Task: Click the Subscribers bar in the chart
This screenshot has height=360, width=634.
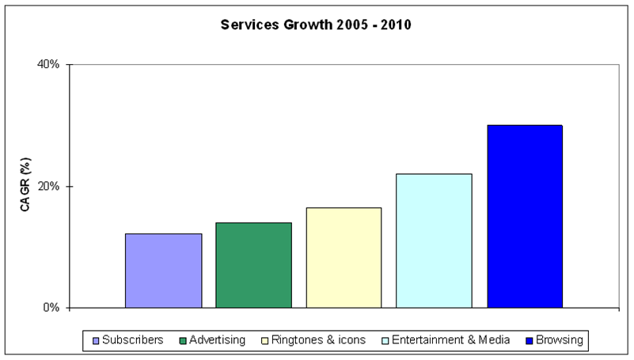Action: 163,271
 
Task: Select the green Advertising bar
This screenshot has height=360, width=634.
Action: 253,265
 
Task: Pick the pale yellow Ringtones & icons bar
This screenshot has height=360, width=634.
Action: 344,258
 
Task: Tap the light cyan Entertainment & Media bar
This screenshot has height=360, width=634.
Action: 434,241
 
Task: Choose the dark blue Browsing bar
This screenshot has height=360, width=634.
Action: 525,216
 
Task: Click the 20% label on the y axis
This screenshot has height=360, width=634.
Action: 49,187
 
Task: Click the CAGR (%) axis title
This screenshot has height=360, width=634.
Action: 26,186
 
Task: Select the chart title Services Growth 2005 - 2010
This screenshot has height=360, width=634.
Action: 316,25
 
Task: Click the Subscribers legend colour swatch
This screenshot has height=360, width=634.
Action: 96,341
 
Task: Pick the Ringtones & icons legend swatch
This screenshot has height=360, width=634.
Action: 264,341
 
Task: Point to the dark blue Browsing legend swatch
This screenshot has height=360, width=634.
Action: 528,341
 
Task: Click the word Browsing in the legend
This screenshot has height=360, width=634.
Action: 559,340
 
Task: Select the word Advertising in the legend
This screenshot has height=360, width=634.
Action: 218,340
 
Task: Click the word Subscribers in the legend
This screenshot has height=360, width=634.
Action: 133,340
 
